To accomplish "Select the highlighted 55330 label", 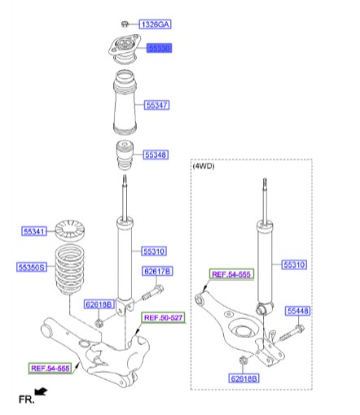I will click(x=159, y=50).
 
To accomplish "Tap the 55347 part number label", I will click(x=157, y=105).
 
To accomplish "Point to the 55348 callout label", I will click(x=156, y=154).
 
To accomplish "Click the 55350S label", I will click(x=33, y=265).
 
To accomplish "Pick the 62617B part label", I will click(x=157, y=271).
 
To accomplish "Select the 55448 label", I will click(x=297, y=310).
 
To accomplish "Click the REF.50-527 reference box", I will click(x=163, y=317).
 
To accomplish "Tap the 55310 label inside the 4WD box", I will click(x=296, y=264).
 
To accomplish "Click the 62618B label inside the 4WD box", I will click(x=244, y=378).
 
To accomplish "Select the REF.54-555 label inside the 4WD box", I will click(x=233, y=275).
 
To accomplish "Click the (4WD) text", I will click(x=204, y=166).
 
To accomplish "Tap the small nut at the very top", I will click(x=125, y=23).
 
